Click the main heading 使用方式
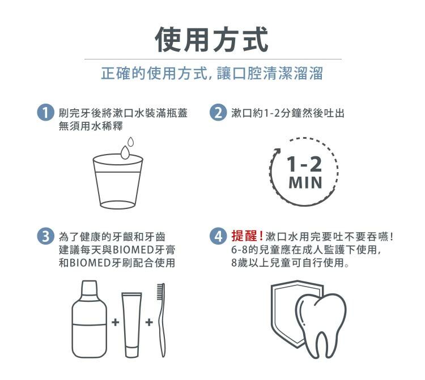pos(212,40)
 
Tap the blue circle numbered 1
pos(45,113)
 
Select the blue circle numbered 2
pos(218,113)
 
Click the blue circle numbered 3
pos(45,236)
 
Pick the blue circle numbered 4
pos(218,236)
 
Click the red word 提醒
pos(244,236)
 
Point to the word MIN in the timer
pos(305,182)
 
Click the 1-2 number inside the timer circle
pos(304,164)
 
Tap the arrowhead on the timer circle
pos(277,151)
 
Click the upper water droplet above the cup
pos(131,142)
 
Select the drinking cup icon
pos(118,181)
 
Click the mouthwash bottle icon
pos(89,319)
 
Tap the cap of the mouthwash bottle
pos(89,287)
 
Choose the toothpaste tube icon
pos(131,325)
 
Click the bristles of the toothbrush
pos(161,292)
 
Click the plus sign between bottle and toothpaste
pos(116,322)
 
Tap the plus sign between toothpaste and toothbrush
pos(149,322)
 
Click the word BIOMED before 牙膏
pos(133,250)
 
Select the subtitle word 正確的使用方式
pos(154,73)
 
